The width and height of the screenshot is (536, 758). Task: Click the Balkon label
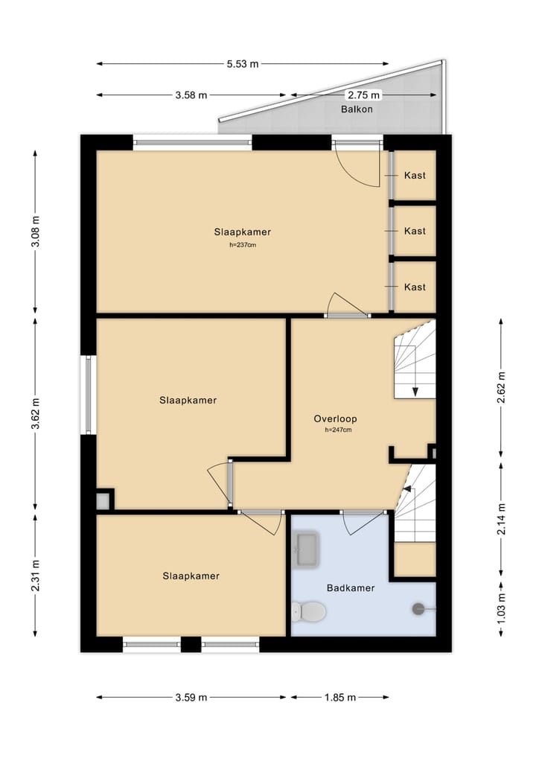[357, 109]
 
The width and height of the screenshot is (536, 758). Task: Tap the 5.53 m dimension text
[243, 64]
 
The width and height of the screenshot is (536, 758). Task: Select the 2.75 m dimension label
[363, 95]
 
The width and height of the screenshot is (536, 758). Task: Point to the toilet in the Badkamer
[308, 613]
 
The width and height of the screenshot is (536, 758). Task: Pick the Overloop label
[332, 419]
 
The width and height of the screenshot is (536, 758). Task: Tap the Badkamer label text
[351, 588]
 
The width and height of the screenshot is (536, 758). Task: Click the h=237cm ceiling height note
[243, 245]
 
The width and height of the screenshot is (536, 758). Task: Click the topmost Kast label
[415, 176]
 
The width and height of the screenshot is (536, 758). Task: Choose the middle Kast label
[415, 231]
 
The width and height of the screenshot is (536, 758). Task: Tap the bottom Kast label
[415, 287]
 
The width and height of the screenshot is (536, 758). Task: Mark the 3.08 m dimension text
[36, 232]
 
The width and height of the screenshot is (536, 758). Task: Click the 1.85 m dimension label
[340, 698]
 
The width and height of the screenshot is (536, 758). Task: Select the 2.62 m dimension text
[501, 386]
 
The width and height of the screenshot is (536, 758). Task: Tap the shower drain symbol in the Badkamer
[418, 609]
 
